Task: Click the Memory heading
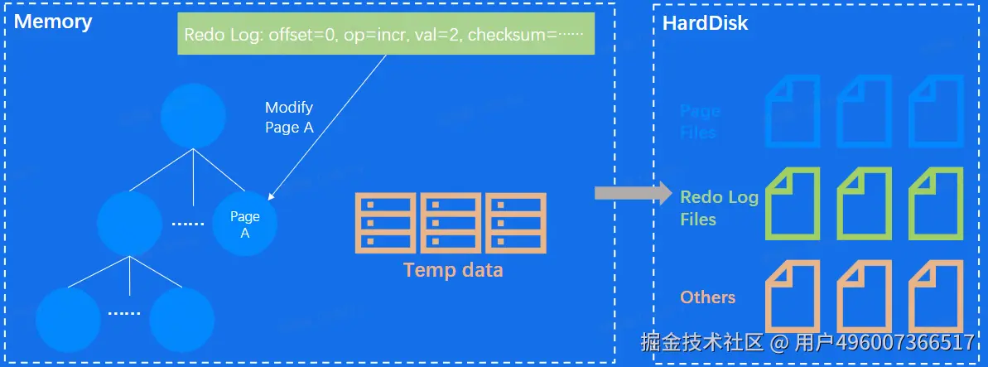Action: (53, 22)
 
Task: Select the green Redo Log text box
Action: (386, 36)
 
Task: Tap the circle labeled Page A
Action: (245, 225)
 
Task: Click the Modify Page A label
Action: (288, 118)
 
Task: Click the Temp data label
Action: (452, 270)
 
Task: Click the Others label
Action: (707, 297)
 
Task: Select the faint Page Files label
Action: (700, 121)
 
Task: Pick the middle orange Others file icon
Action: (865, 296)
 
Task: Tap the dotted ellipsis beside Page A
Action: (187, 225)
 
